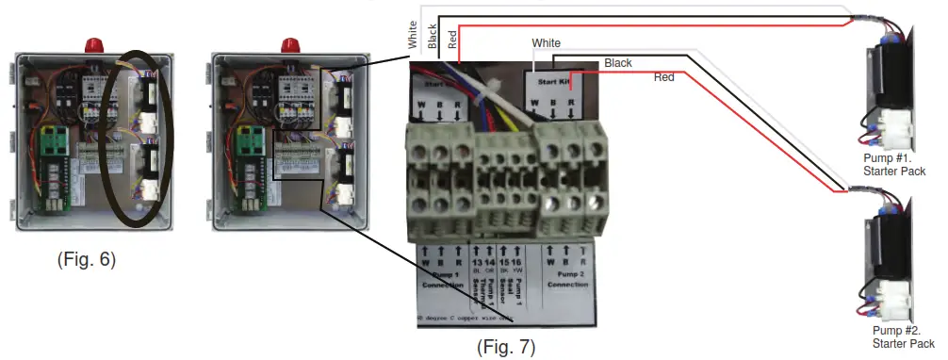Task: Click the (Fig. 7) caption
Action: [505, 348]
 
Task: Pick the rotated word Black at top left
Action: [433, 37]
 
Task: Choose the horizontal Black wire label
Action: [618, 63]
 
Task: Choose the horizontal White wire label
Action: [547, 43]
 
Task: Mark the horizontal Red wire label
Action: [664, 77]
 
